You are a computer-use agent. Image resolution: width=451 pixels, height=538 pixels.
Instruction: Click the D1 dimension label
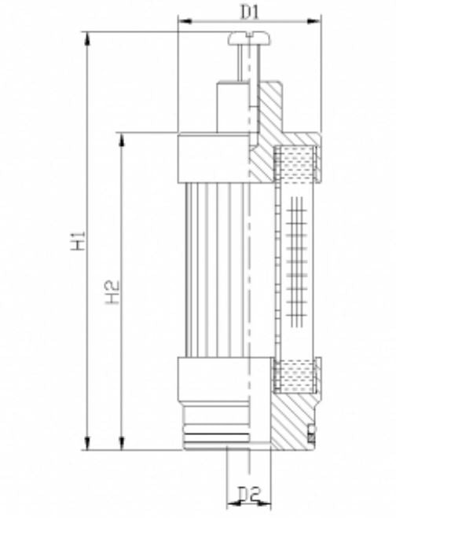[249, 11]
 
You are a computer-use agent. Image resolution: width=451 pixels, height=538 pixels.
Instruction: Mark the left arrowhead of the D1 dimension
[183, 22]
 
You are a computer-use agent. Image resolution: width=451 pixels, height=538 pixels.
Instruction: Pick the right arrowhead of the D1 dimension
[317, 22]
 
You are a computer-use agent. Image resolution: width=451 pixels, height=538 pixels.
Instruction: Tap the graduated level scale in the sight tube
[297, 259]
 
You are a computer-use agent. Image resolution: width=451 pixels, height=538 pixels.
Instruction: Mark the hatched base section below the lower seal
[295, 420]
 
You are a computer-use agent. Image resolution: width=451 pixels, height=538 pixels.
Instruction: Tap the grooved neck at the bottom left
[212, 428]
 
